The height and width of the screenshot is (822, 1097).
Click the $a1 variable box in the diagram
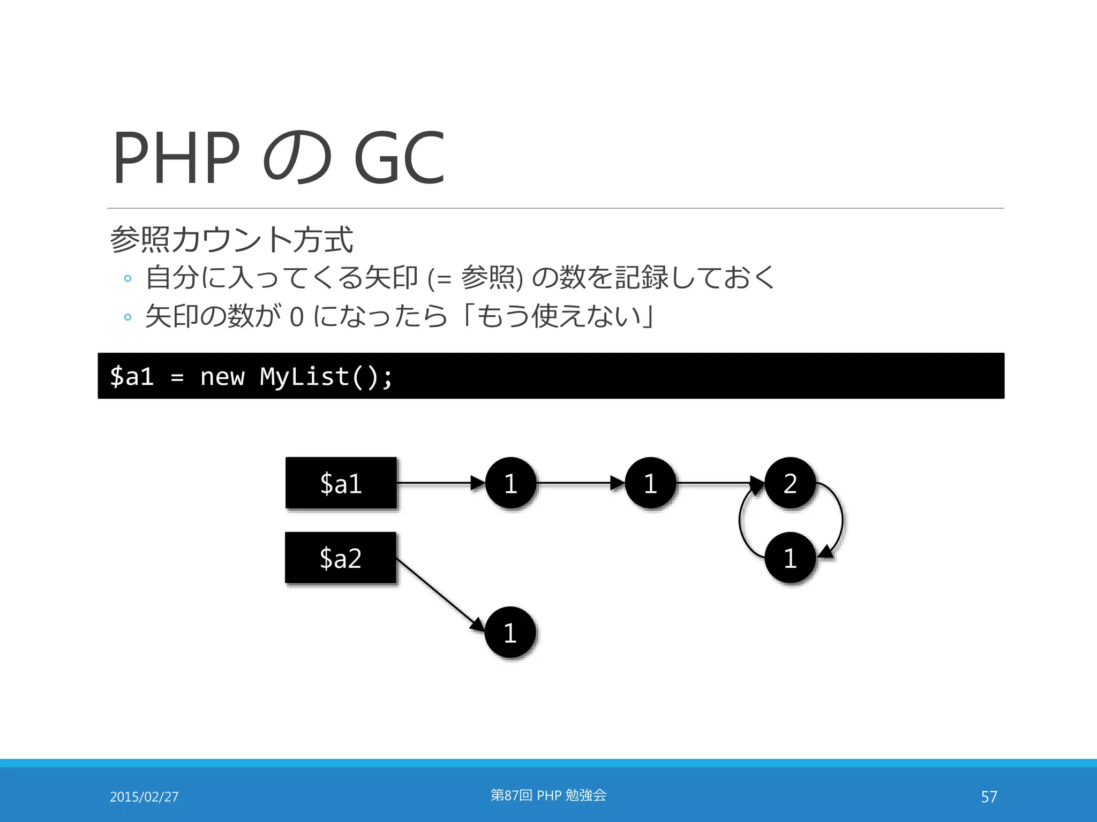click(341, 483)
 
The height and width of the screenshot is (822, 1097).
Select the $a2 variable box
click(341, 558)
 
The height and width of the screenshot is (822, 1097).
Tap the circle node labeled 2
click(790, 483)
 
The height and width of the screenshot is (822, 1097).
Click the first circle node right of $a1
click(510, 483)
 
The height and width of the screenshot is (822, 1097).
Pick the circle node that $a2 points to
click(510, 632)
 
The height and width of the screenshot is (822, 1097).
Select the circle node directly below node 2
click(790, 558)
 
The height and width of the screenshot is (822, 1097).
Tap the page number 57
click(989, 797)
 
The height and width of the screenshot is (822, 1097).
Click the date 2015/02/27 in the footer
click(144, 797)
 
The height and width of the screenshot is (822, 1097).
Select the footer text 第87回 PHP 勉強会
click(548, 795)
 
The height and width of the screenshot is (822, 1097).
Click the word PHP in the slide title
click(177, 158)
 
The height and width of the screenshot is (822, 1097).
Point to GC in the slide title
click(399, 158)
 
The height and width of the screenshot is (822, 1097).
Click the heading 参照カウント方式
click(231, 239)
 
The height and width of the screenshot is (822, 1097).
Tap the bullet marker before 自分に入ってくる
click(127, 278)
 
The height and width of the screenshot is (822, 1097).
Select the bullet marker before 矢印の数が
click(127, 317)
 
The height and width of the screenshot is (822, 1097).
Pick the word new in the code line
click(222, 376)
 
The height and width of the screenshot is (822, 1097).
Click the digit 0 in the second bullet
click(297, 317)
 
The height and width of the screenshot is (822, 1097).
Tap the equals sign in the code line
click(177, 377)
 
